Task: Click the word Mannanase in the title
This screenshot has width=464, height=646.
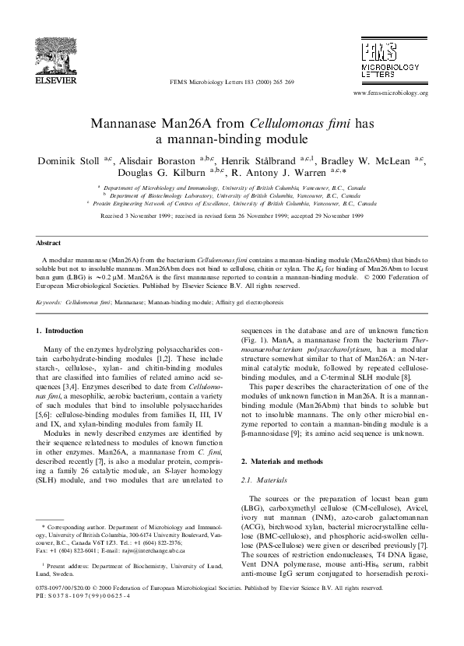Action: coord(126,125)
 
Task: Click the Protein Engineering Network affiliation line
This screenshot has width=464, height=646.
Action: coord(234,202)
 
